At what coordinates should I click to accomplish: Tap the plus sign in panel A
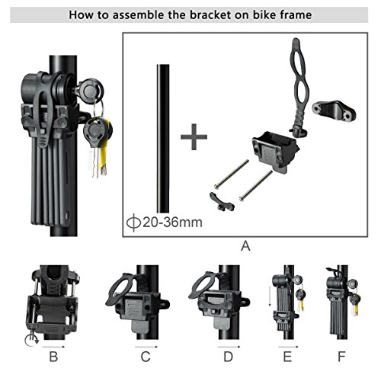(194, 138)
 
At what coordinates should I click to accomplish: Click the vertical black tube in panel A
(161, 137)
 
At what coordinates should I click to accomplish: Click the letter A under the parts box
(245, 245)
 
